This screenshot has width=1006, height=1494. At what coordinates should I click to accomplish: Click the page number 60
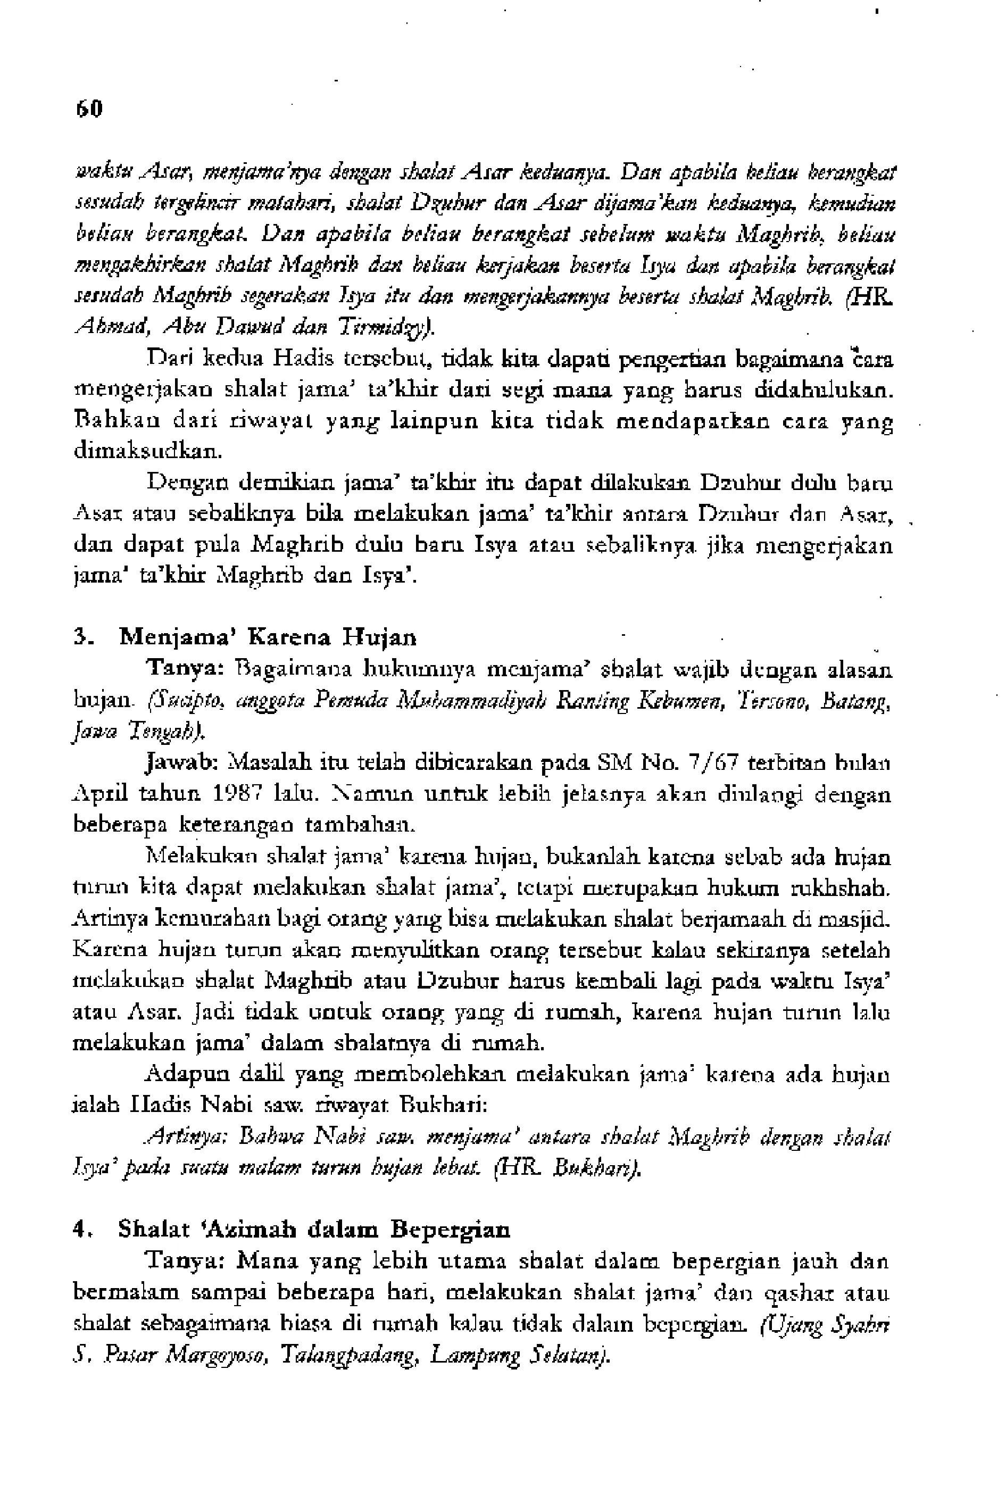click(x=88, y=109)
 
